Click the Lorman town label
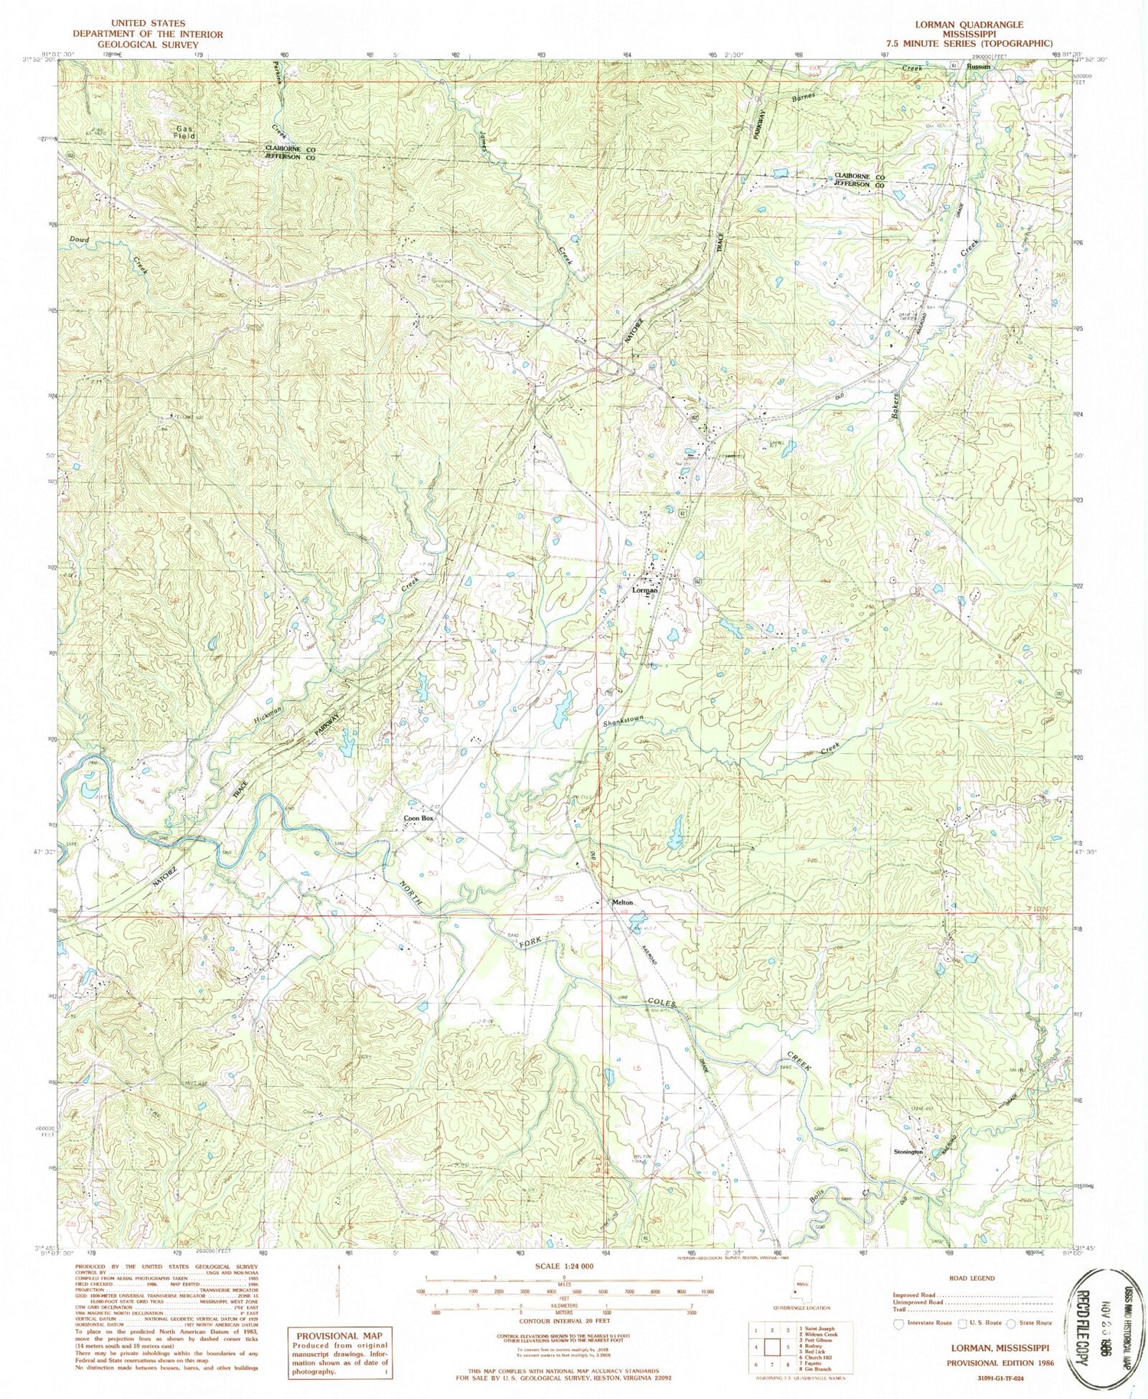[x=647, y=590]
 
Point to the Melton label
[x=622, y=903]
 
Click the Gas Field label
[x=184, y=132]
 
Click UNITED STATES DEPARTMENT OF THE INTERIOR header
[x=148, y=34]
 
